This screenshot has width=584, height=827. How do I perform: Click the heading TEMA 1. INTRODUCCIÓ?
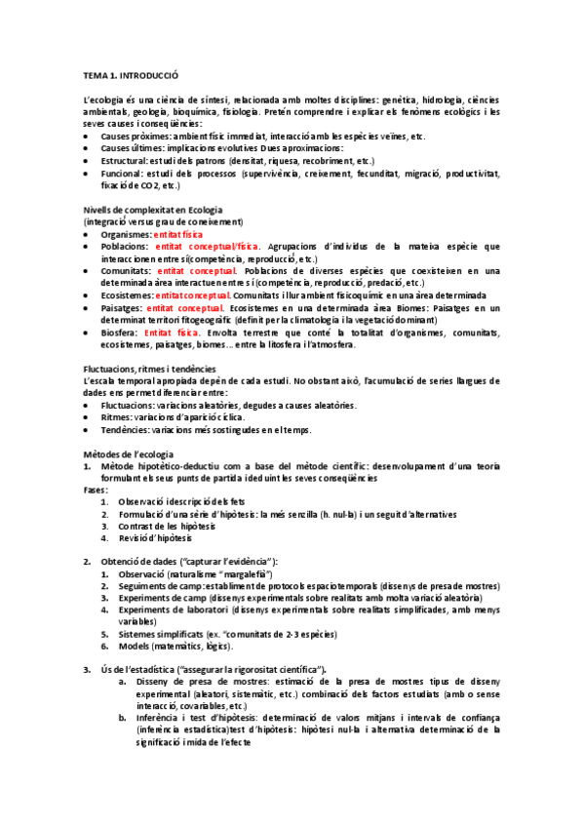click(131, 75)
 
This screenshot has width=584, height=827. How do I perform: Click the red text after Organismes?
click(179, 235)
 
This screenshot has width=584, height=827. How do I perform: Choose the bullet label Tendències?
click(125, 428)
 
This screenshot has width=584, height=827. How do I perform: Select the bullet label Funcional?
click(122, 173)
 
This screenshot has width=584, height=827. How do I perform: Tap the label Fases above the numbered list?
click(95, 490)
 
